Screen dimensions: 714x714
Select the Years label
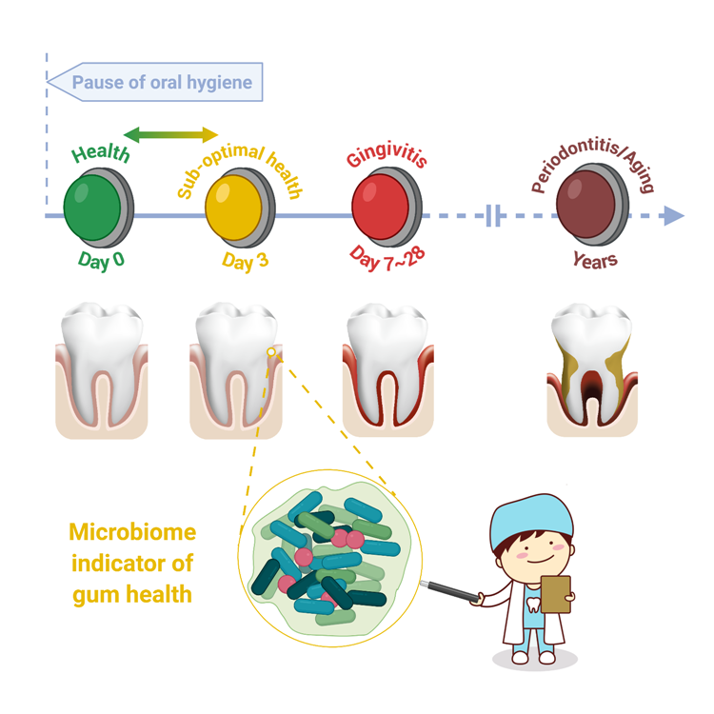(595, 259)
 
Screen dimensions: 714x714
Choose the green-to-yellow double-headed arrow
(171, 134)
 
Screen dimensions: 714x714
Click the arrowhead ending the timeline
(674, 216)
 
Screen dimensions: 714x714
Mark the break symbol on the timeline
(493, 216)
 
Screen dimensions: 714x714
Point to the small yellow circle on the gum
(271, 352)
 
